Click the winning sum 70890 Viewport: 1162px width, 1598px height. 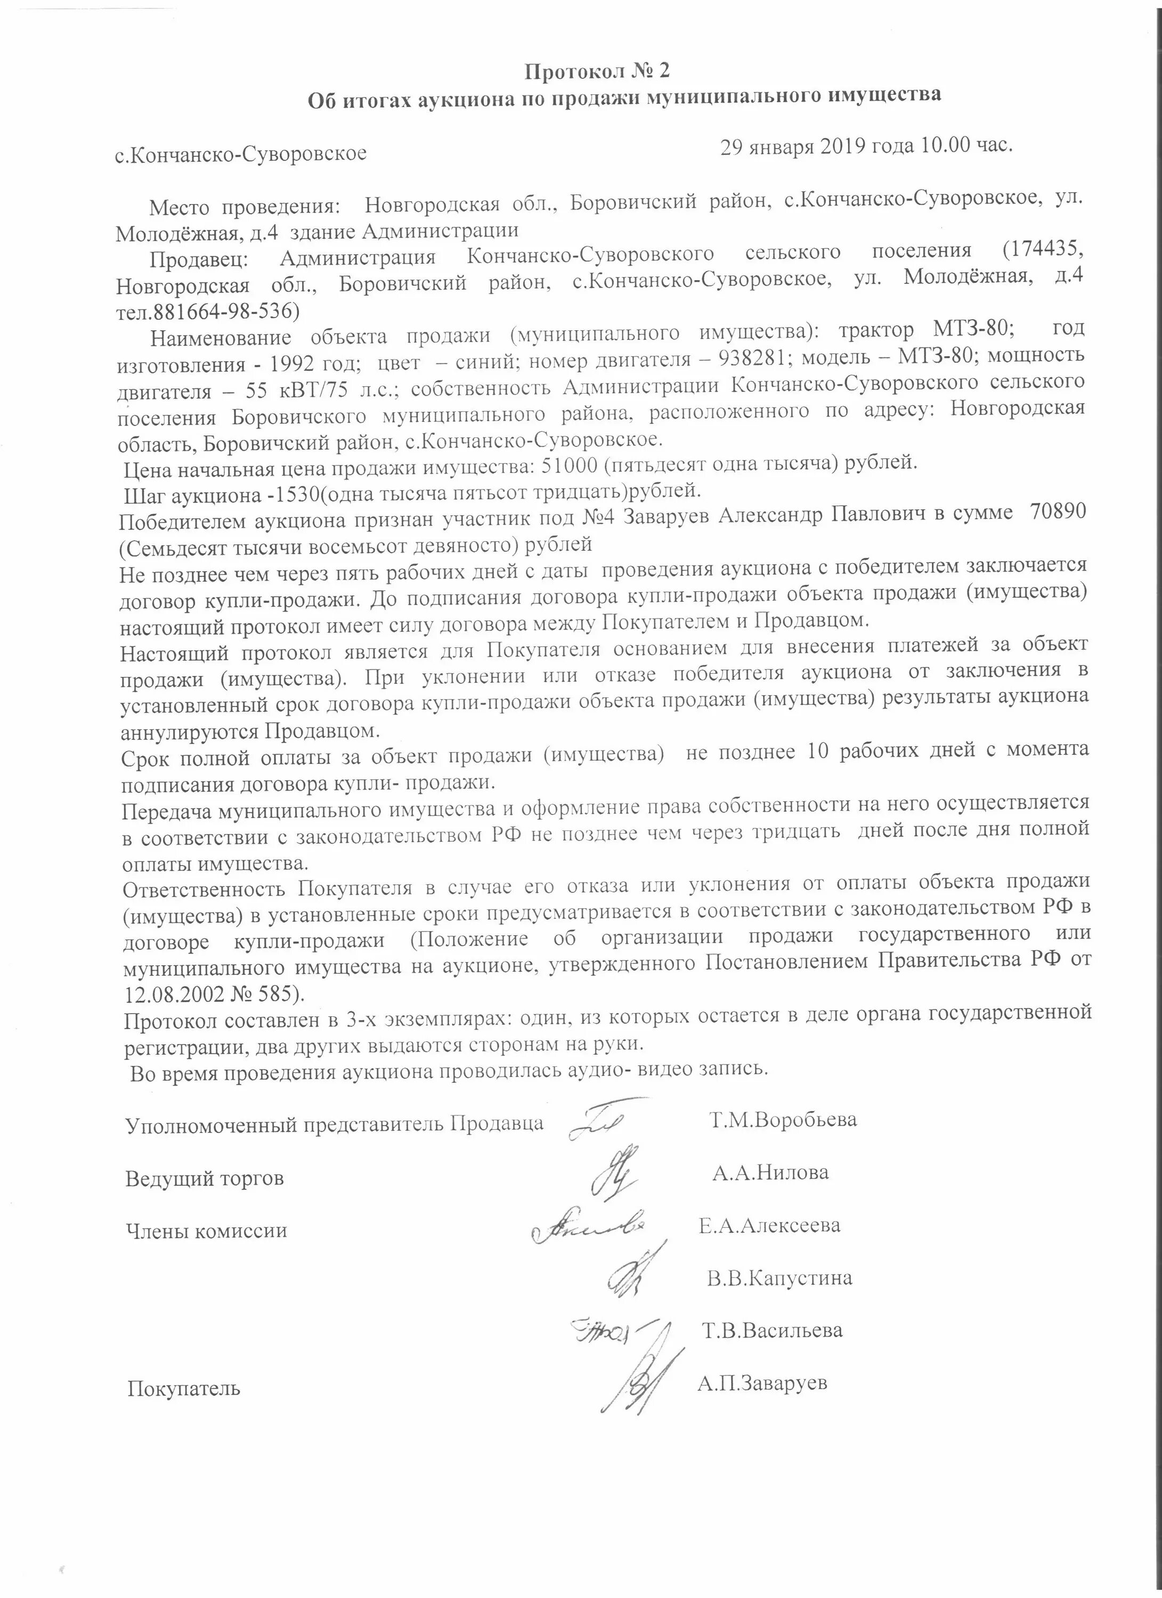(1058, 512)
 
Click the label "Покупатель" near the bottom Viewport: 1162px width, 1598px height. (184, 1389)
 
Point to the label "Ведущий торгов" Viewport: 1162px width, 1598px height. (205, 1178)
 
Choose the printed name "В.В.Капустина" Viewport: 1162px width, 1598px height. (779, 1277)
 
